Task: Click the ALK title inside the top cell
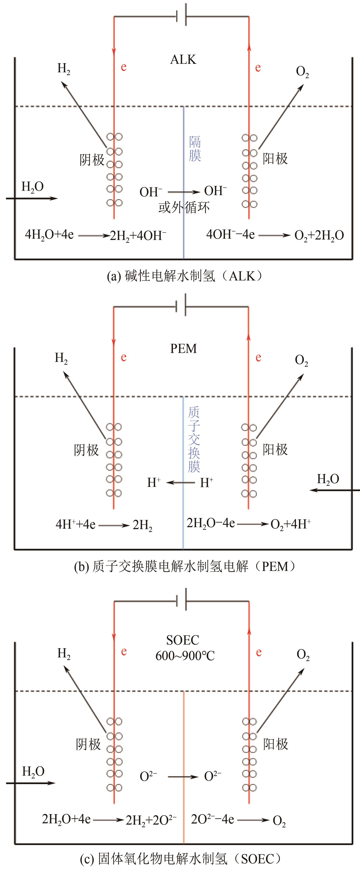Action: (183, 59)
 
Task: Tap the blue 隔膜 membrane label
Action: (195, 149)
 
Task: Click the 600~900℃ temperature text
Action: (185, 656)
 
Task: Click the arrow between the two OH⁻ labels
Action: (183, 192)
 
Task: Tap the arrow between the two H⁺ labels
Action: (180, 482)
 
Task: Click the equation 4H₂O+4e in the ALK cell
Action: (49, 235)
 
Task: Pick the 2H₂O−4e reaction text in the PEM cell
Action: (211, 523)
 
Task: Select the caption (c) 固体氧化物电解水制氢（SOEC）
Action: (181, 859)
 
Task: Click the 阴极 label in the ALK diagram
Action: (92, 159)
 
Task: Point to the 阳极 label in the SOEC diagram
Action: (275, 744)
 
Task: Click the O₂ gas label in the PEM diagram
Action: (301, 360)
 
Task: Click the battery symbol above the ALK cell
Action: (181, 15)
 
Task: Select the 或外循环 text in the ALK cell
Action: (184, 207)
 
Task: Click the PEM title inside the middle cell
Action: (183, 349)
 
